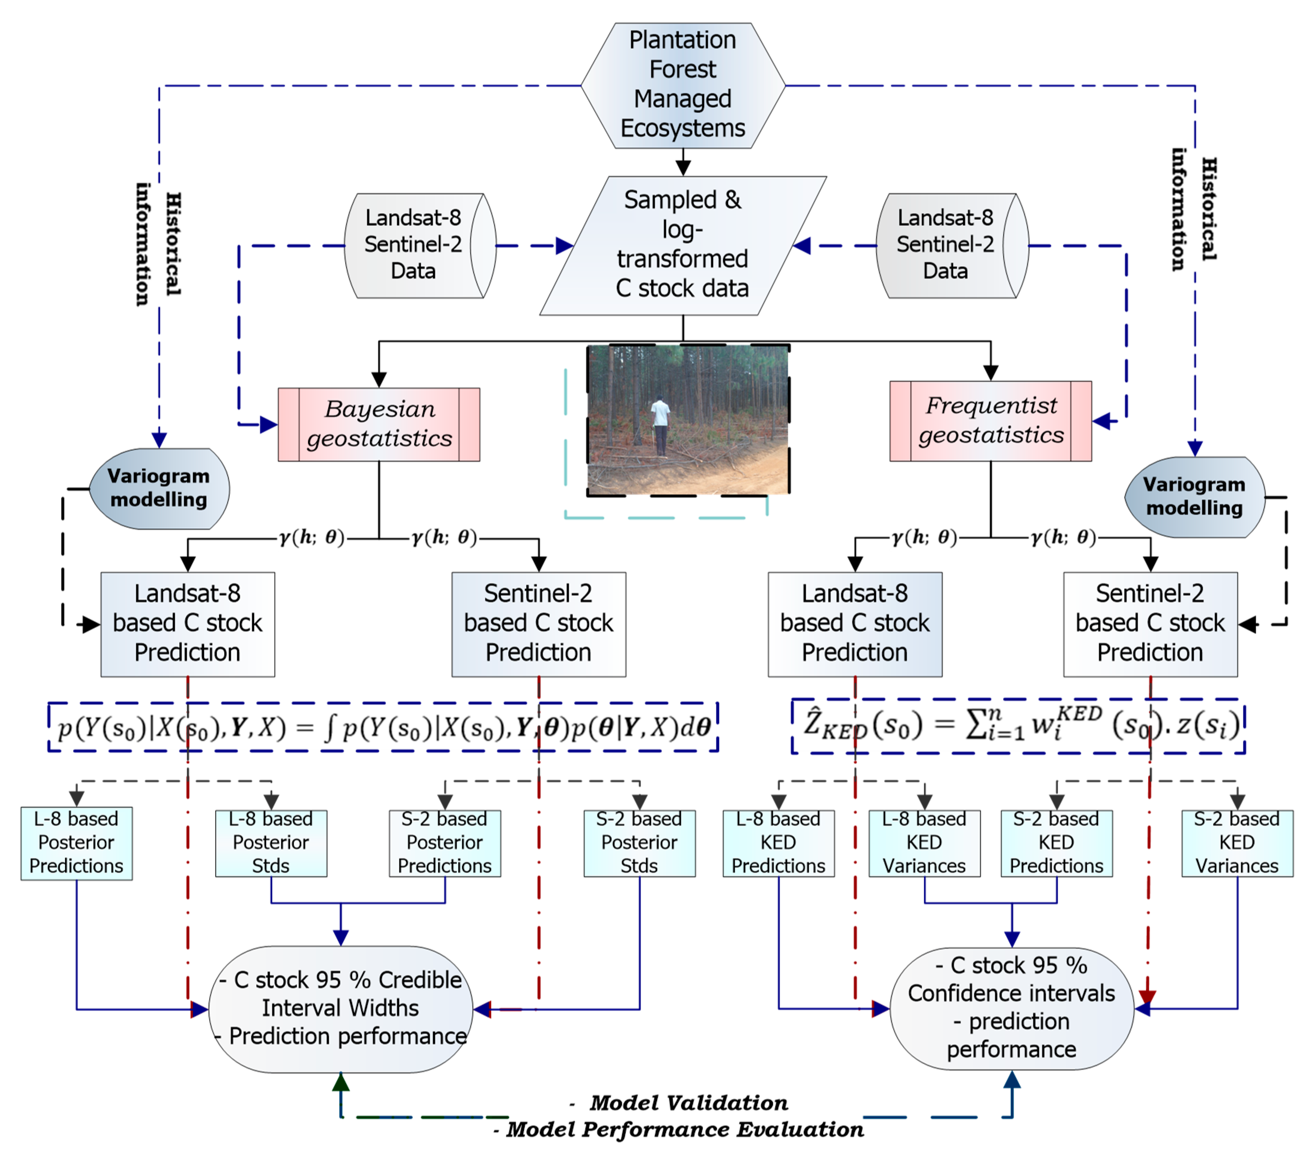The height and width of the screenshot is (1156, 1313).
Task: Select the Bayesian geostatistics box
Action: click(379, 424)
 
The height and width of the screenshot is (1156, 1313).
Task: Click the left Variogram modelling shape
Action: click(159, 488)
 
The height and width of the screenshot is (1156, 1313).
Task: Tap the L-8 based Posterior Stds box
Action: click(271, 843)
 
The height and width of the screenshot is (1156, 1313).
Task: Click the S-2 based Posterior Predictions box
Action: click(444, 843)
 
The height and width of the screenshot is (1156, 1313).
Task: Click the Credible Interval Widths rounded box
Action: click(340, 1008)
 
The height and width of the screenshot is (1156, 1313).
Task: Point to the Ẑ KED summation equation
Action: click(1018, 726)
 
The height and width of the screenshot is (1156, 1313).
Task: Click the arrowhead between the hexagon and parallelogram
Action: click(683, 168)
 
